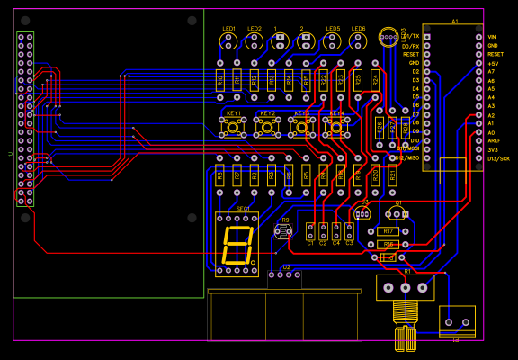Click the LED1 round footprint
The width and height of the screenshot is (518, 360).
click(228, 40)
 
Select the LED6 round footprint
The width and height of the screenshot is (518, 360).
click(359, 40)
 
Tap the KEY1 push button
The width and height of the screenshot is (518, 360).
click(233, 127)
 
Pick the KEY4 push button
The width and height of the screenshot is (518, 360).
click(336, 127)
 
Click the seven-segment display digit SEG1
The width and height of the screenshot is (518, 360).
click(237, 245)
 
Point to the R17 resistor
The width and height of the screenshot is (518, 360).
click(388, 231)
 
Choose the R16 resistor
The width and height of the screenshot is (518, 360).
click(388, 244)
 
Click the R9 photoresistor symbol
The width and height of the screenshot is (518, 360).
click(284, 231)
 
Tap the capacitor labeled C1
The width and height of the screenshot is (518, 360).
click(310, 231)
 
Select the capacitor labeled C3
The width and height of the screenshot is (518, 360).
click(349, 231)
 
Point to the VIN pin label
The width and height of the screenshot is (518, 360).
click(492, 37)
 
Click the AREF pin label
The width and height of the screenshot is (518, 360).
click(493, 141)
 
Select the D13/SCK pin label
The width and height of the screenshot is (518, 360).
click(497, 158)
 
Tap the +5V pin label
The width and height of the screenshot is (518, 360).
click(493, 63)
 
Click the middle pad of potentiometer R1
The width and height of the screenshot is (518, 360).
click(405, 287)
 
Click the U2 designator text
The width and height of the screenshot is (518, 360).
click(286, 266)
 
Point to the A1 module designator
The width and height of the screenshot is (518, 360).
click(454, 21)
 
